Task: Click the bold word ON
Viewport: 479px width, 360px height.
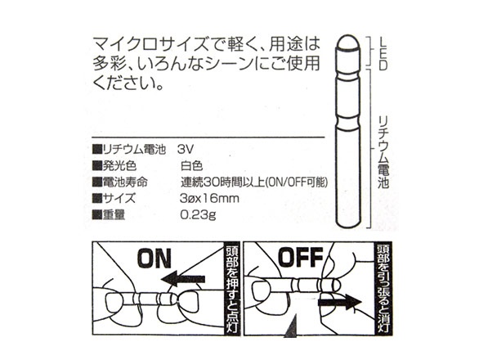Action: tap(154, 258)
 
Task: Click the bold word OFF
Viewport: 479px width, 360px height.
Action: tap(301, 257)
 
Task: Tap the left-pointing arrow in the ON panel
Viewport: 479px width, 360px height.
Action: tap(183, 279)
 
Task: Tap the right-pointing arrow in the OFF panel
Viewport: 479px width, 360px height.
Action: tap(340, 303)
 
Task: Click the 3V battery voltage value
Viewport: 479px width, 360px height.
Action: tap(185, 149)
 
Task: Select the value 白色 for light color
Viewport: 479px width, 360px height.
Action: tap(191, 166)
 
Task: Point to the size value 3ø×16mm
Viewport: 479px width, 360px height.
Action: tap(209, 199)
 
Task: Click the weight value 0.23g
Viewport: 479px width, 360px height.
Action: tap(198, 215)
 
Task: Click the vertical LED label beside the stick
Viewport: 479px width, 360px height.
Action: tap(383, 54)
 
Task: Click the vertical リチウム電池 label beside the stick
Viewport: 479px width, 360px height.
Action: tap(383, 151)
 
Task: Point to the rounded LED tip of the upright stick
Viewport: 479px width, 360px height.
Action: tap(348, 43)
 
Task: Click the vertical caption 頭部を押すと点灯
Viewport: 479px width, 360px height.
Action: tap(232, 289)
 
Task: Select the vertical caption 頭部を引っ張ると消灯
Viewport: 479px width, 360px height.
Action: tap(383, 288)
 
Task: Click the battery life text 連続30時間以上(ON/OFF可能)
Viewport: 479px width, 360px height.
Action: tap(254, 182)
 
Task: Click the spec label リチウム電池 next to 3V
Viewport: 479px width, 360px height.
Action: tap(134, 149)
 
